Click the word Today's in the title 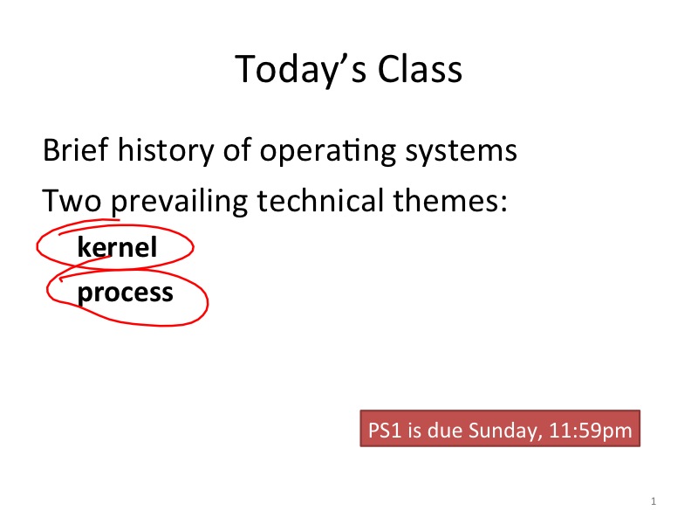pyautogui.click(x=301, y=70)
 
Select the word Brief pyautogui.click(x=76, y=149)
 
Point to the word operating pyautogui.click(x=327, y=152)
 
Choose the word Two pyautogui.click(x=72, y=201)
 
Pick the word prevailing pyautogui.click(x=179, y=203)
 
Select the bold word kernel pyautogui.click(x=117, y=247)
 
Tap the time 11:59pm pyautogui.click(x=591, y=431)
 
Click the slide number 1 pyautogui.click(x=654, y=501)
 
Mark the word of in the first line pyautogui.click(x=237, y=149)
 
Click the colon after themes pyautogui.click(x=504, y=203)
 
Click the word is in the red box pyautogui.click(x=414, y=431)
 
